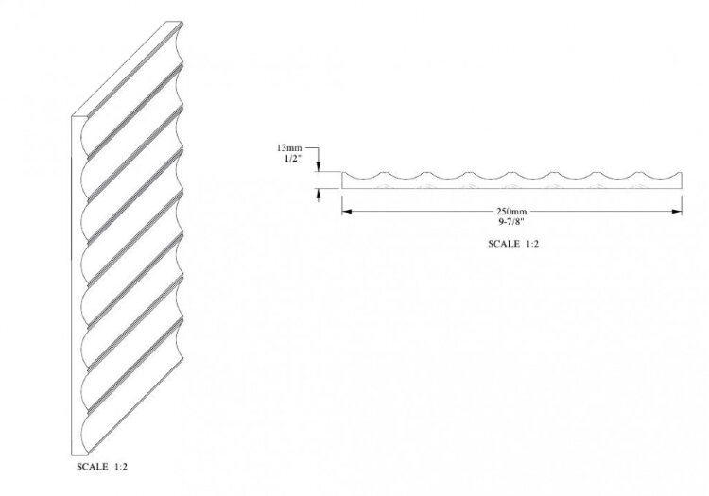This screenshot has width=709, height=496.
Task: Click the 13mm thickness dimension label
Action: [x=289, y=147]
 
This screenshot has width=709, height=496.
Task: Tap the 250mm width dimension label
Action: [x=511, y=211]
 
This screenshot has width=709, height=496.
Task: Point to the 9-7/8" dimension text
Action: [x=511, y=221]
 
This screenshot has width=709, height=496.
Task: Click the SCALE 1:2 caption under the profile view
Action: [x=513, y=244]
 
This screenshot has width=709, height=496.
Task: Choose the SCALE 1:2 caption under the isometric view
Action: [x=102, y=467]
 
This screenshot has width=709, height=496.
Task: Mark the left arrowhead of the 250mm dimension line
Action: [x=346, y=211]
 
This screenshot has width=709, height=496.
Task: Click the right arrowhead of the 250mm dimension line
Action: [x=677, y=211]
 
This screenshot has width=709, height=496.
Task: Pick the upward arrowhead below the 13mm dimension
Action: [x=319, y=194]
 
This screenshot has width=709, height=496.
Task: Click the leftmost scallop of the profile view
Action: [x=363, y=176]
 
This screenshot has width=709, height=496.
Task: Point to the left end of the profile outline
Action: [x=342, y=180]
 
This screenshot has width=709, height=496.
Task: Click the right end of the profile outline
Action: [x=682, y=180]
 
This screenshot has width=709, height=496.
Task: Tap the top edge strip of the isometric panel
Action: [x=127, y=69]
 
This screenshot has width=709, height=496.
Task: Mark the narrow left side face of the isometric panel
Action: [x=77, y=284]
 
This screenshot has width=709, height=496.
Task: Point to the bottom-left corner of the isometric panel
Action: [x=73, y=454]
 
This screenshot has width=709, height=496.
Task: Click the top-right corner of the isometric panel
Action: [x=182, y=21]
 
